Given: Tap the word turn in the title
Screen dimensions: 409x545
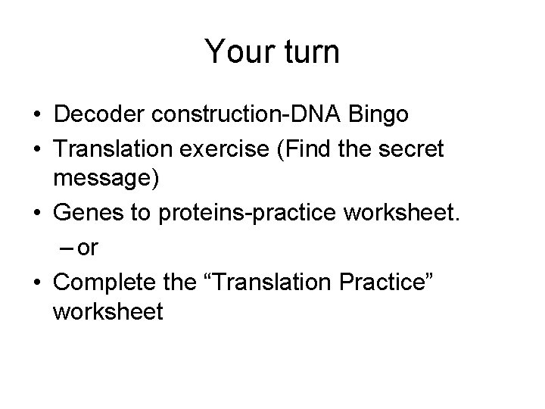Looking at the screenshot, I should [307, 52].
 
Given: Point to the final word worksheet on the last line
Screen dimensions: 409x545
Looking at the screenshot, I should [108, 311].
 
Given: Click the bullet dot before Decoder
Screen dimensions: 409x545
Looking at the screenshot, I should [36, 116].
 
